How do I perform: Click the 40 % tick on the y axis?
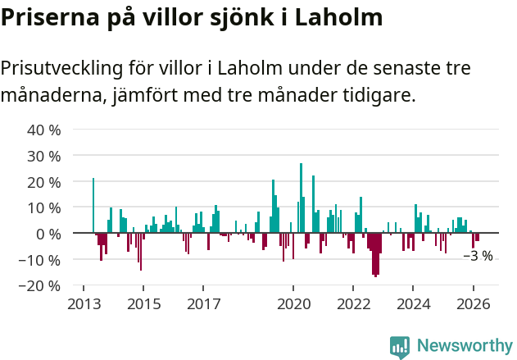tap(44, 130)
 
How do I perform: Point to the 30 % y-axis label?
tap(44, 156)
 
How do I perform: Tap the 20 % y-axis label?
tap(44, 181)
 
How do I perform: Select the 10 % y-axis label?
tap(44, 207)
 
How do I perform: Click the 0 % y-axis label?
tap(48, 234)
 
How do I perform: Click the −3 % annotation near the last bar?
tap(478, 256)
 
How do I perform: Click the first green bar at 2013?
tap(93, 205)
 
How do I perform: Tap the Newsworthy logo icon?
tap(400, 347)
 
